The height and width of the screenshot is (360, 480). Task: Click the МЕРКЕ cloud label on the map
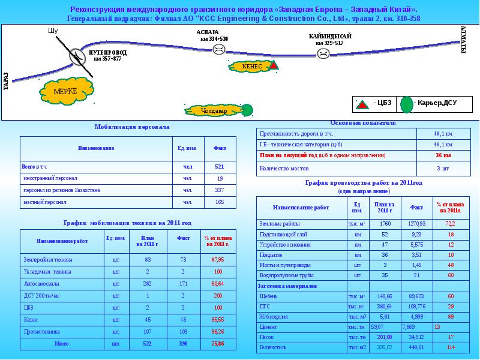[65, 91]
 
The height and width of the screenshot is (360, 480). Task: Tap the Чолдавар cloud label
[214, 111]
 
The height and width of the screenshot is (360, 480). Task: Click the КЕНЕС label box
[253, 66]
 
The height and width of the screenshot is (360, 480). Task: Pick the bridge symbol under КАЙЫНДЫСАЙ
[323, 53]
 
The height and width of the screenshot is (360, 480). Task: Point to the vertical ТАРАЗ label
[6, 81]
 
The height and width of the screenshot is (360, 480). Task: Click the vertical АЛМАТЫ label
[463, 40]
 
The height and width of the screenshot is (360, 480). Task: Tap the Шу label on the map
[52, 31]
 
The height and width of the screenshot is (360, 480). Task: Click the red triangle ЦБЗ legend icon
[362, 104]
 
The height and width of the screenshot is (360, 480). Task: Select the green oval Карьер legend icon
[407, 104]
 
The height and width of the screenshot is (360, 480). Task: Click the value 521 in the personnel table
[219, 166]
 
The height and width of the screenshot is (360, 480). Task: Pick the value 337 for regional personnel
[219, 190]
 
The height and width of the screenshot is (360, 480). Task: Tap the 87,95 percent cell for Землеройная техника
[217, 260]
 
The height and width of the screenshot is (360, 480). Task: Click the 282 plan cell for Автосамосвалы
[148, 283]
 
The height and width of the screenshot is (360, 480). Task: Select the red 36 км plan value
[443, 155]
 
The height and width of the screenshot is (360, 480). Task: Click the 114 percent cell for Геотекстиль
[451, 347]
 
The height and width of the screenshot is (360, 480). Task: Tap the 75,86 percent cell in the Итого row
[217, 344]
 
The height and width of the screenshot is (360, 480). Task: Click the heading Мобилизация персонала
[132, 127]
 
